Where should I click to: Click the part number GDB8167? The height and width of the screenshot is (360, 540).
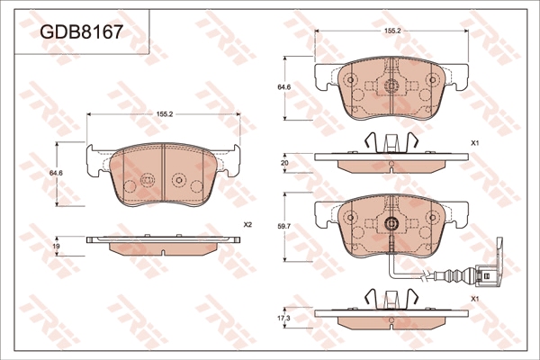coord(81,32)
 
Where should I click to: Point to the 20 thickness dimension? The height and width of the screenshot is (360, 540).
coord(284,163)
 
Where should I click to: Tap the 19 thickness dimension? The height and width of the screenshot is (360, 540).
coord(57,246)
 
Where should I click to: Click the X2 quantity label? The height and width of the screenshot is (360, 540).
coord(248,225)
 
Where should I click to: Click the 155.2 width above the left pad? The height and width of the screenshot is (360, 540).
coord(164,114)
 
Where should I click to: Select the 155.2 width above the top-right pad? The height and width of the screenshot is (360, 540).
coord(392,31)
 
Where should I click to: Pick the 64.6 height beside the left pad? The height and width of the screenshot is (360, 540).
coord(57,174)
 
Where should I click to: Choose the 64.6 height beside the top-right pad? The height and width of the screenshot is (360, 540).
coord(285,87)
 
